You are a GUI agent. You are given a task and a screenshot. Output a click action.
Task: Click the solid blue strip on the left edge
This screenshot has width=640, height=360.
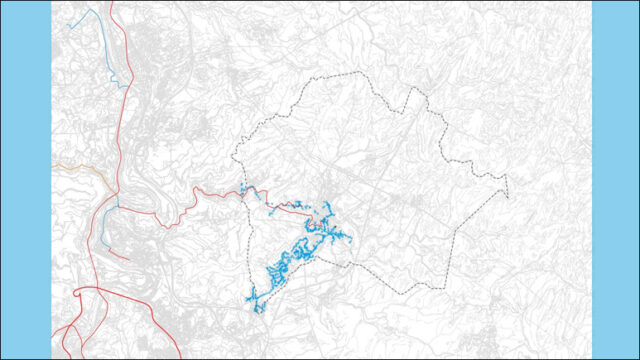[25, 180]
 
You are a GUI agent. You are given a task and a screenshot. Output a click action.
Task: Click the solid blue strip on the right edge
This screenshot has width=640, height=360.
[615, 180]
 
